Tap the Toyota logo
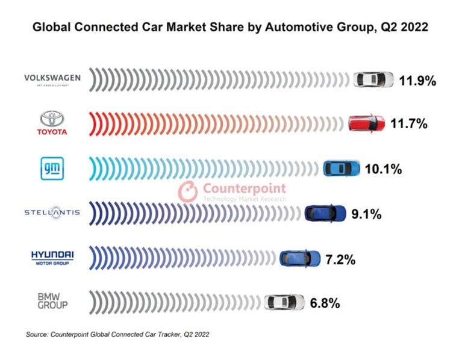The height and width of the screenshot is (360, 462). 52,123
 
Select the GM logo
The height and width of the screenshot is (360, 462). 52,168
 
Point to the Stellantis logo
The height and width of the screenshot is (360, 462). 52,213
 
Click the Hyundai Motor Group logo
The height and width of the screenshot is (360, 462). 52,257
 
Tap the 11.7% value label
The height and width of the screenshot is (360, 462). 408,124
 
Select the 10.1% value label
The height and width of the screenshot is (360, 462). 383,169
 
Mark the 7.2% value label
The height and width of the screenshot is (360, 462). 341,259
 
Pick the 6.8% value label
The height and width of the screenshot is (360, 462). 325,303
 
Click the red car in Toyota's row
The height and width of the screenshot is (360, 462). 367,123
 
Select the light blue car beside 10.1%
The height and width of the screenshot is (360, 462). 342,169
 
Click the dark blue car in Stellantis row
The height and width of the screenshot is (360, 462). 325,213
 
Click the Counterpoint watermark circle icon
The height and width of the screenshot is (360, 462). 188,191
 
